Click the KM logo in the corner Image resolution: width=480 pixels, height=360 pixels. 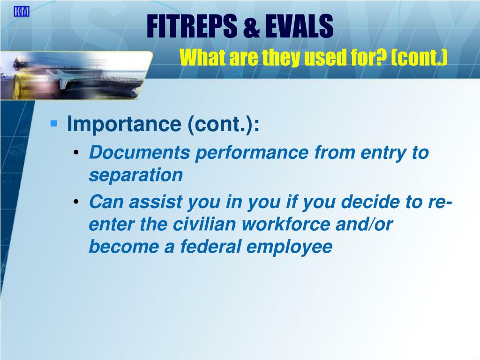tap(22, 12)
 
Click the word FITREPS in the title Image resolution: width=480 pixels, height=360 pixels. tap(192, 26)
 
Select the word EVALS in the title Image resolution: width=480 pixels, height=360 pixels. tap(299, 26)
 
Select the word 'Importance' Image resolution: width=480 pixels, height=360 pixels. tap(124, 124)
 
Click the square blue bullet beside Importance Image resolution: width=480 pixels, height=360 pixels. tap(53, 123)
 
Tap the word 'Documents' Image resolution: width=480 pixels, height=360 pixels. tap(140, 152)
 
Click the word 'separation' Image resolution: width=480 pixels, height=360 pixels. tap(136, 175)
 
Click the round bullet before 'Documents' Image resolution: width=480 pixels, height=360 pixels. tap(76, 152)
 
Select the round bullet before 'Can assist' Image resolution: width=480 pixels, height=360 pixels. tap(76, 202)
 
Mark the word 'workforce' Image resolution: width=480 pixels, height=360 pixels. tap(286, 224)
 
